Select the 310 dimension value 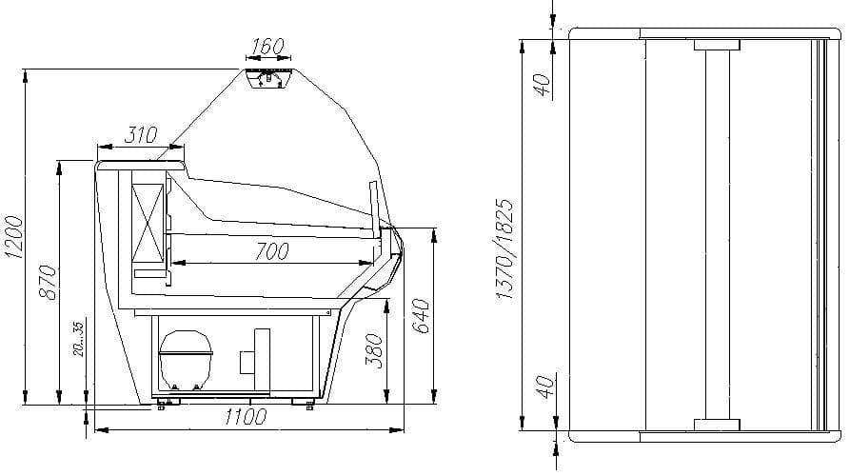140,135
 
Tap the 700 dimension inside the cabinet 272,251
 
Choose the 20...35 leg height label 78,341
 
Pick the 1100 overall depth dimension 245,417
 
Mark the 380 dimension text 375,350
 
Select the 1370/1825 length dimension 505,249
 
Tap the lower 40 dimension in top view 544,387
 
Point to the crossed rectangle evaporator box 148,220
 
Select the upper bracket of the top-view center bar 717,45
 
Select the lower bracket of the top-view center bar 717,424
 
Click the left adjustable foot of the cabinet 166,404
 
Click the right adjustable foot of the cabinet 312,404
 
